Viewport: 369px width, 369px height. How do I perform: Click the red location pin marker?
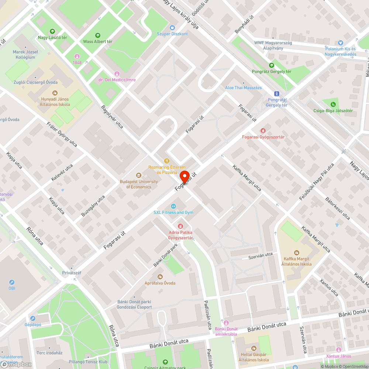tap(184, 176)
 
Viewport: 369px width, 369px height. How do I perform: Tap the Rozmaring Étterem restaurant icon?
tap(167, 161)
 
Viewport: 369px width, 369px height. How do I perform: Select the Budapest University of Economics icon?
tap(139, 175)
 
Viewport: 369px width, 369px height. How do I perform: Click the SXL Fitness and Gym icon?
tap(173, 206)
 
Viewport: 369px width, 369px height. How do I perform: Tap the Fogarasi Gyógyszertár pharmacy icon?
tap(263, 131)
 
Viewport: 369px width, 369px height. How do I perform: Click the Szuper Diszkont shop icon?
tap(172, 27)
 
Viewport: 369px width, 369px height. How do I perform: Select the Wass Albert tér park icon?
tap(98, 35)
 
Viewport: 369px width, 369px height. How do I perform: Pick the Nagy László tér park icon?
tap(52, 31)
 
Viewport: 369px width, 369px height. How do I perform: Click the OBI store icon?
tap(12, 282)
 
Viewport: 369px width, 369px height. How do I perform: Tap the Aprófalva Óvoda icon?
tap(160, 276)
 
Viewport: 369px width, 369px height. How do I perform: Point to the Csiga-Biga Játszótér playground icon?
tap(334, 104)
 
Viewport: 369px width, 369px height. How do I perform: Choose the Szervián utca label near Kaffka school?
tap(260, 255)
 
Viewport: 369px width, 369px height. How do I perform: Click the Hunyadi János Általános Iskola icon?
tap(55, 93)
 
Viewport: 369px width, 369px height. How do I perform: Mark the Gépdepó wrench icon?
tap(33, 318)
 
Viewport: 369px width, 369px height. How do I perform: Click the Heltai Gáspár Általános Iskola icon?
tap(254, 348)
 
